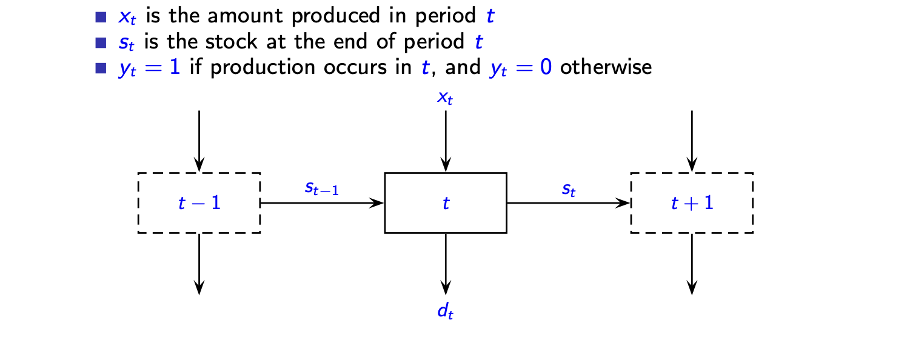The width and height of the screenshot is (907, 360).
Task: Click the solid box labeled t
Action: pos(446,203)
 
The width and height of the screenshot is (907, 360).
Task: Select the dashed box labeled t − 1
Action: pos(199,203)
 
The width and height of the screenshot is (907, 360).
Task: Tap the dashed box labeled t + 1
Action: pos(692,203)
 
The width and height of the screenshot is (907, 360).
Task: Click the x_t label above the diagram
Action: pos(446,98)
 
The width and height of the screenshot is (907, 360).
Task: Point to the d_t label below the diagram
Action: pos(446,312)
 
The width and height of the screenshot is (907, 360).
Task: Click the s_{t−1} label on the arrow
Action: pos(322,188)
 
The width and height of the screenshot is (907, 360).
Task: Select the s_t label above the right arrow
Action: pos(568,188)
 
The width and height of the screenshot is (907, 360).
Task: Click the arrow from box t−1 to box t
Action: pos(322,203)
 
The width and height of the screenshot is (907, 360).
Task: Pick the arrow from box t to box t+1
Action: pos(568,203)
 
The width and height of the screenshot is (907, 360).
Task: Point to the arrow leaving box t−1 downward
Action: pos(199,263)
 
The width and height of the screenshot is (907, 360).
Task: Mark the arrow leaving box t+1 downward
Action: pos(692,263)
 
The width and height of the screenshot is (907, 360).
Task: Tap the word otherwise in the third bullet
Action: pos(606,67)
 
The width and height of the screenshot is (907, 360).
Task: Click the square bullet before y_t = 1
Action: pos(101,67)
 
